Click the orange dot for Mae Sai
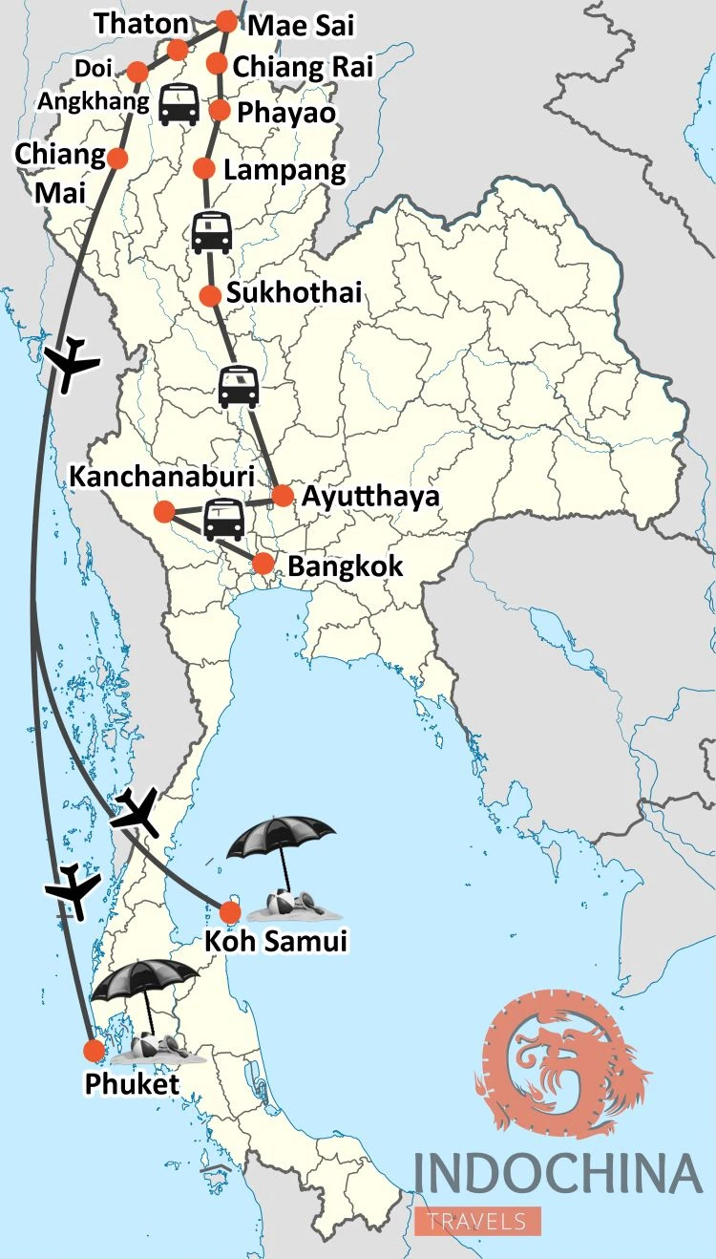click(226, 21)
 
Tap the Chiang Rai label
click(303, 67)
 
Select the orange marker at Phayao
click(220, 111)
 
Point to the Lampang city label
click(284, 171)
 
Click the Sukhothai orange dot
click(210, 296)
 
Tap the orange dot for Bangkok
click(263, 564)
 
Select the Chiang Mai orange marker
click(117, 159)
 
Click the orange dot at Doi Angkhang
click(137, 72)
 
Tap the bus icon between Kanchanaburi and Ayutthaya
click(223, 520)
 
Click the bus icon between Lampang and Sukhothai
click(211, 231)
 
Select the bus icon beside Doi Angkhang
click(179, 104)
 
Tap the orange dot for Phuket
click(94, 1051)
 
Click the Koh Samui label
click(276, 942)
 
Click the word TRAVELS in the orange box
click(477, 1221)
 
